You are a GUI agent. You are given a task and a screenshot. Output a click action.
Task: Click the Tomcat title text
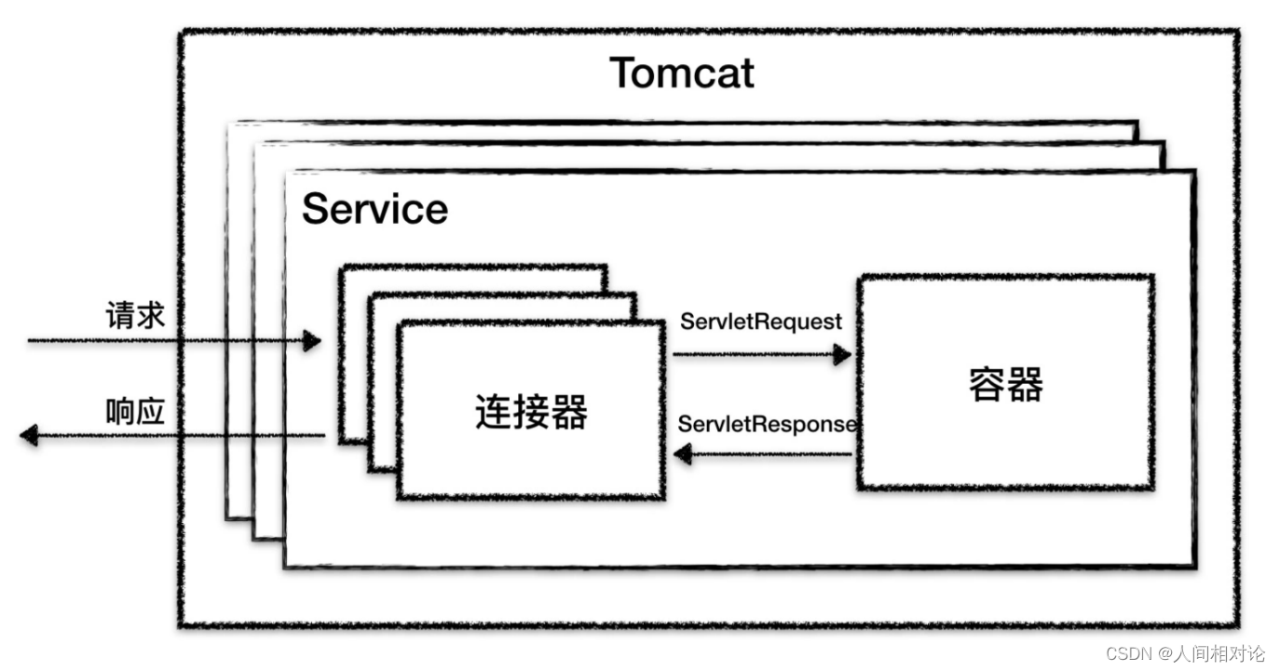(x=681, y=73)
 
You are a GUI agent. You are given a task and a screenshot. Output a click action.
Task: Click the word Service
(x=374, y=209)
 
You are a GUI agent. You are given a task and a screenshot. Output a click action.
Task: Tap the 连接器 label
(x=531, y=411)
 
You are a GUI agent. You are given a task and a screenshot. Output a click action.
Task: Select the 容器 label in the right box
(x=1005, y=383)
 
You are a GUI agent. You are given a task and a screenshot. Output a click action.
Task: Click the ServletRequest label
(x=761, y=322)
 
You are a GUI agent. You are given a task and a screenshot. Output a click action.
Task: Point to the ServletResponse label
(x=767, y=424)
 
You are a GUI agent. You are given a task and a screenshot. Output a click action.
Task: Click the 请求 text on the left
(x=135, y=316)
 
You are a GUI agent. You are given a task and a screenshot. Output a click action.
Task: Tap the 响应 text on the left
(x=135, y=411)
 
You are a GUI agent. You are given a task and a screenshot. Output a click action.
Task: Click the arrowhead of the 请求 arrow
(x=311, y=341)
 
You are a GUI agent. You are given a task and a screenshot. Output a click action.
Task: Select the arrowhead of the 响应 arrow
(x=29, y=435)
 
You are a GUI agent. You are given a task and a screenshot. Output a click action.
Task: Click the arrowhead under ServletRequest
(x=842, y=354)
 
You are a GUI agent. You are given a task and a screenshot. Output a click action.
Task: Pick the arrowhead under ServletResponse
(x=683, y=455)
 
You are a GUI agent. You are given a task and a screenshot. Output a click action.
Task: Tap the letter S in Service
(x=317, y=209)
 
